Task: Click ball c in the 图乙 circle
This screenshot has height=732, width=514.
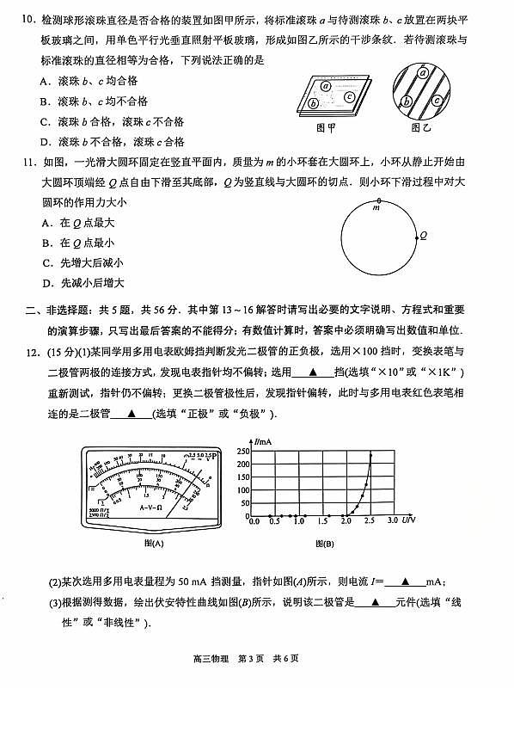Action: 438,100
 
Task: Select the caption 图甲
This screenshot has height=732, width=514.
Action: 325,127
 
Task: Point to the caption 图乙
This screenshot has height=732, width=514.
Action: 420,127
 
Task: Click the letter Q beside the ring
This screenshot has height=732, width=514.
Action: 423,234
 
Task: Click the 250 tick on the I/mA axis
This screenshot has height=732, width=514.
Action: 243,451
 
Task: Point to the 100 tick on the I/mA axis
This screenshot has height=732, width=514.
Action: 243,489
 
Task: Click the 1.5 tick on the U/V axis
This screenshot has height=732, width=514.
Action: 322,521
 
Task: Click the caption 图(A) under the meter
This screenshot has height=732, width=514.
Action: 155,544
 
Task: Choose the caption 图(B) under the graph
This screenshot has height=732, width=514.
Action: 324,544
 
